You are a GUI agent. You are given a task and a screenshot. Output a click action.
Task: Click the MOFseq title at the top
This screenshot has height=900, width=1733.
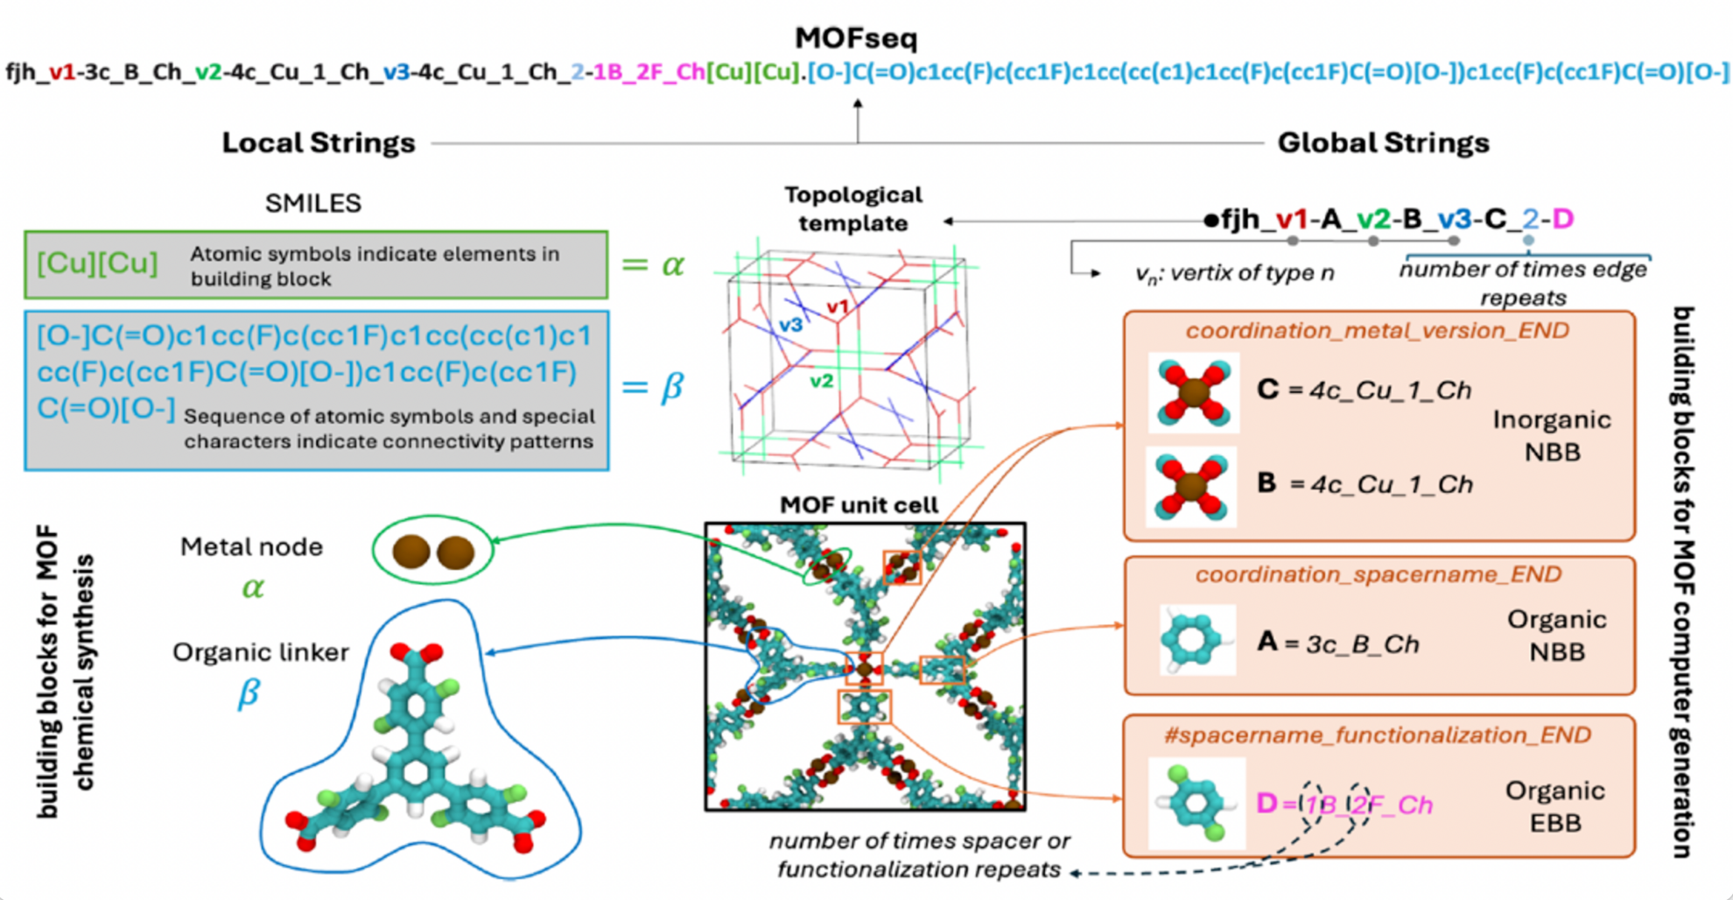(856, 38)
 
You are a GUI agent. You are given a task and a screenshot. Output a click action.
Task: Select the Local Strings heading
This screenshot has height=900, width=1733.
(319, 143)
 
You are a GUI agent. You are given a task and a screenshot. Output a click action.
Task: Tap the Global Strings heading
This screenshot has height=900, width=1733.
(1383, 143)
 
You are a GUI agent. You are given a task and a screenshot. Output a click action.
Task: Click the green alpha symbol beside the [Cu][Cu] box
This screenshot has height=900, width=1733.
(671, 264)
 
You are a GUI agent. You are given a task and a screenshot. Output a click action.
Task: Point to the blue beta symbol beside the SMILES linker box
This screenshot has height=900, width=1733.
(670, 386)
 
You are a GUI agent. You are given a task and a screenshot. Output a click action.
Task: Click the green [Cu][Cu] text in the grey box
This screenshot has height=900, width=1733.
(97, 263)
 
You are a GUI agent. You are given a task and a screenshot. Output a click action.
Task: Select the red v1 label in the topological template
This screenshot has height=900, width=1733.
(838, 307)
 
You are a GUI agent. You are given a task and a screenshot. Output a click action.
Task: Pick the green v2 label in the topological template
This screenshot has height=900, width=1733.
(821, 381)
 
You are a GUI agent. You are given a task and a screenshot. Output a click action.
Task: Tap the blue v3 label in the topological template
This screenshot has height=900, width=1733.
(790, 325)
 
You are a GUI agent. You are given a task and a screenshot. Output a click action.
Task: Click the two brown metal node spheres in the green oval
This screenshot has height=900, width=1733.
(433, 552)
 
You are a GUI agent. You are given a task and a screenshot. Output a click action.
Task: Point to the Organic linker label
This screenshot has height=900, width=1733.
(260, 652)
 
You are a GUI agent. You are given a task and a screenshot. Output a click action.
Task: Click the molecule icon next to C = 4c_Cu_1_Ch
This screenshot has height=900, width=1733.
(1193, 393)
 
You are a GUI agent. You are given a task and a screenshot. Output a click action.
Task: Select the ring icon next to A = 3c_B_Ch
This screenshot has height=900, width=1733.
(1196, 640)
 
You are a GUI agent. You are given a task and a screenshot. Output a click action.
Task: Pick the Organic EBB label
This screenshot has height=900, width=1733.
(1554, 806)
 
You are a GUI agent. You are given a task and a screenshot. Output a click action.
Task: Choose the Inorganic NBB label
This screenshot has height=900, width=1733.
(1551, 436)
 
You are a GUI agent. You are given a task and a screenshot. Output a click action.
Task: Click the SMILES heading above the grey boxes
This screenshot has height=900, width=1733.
(312, 203)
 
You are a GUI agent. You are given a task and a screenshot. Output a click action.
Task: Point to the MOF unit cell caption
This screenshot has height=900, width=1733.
(859, 505)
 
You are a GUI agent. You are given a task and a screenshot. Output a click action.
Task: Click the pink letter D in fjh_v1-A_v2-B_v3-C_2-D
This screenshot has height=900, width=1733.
(1562, 219)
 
